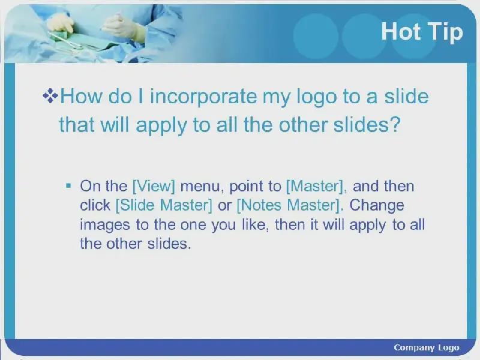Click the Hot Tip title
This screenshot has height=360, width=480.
click(422, 32)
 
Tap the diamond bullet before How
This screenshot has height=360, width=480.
click(50, 96)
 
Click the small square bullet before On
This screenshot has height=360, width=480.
click(68, 185)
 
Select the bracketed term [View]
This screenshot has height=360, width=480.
click(154, 186)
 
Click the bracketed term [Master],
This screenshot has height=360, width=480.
click(317, 186)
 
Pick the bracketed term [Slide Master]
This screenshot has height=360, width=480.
click(164, 205)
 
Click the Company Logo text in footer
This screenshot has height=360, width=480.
click(427, 348)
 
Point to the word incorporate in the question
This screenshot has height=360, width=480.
click(203, 96)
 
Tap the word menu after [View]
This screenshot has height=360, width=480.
click(200, 187)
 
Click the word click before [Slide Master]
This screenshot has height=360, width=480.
click(95, 205)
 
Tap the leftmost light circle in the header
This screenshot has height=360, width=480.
click(316, 36)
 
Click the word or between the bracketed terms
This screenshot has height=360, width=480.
click(224, 206)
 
